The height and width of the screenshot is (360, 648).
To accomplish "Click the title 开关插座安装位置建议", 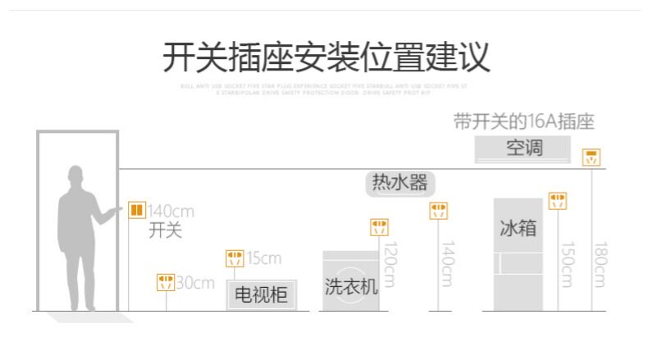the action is click(x=326, y=57).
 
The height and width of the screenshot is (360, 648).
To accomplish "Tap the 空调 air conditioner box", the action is click(x=523, y=149).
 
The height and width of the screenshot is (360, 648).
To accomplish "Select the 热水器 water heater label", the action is click(x=399, y=183).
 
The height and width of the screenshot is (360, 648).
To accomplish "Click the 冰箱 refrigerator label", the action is click(x=518, y=227).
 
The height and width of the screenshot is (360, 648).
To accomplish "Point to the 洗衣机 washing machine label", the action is click(x=351, y=286).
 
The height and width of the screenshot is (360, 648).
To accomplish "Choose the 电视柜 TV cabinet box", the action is click(x=261, y=294).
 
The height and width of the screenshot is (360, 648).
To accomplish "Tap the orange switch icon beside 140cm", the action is click(x=137, y=210).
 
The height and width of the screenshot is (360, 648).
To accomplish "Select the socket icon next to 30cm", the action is click(x=166, y=283).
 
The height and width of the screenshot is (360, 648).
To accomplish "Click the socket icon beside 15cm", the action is click(x=235, y=259).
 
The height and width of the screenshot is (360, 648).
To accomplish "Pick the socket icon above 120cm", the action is click(x=379, y=227).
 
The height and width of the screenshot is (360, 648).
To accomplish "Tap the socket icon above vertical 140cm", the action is click(x=439, y=212).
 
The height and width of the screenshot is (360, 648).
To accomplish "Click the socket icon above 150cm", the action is click(x=558, y=201).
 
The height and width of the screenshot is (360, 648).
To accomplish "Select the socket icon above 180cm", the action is click(x=591, y=157).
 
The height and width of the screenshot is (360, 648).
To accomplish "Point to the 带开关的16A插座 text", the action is click(x=523, y=122).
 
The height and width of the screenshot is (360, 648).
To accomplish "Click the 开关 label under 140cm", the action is click(x=165, y=230).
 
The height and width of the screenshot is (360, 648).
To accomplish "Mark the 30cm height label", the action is click(x=195, y=284).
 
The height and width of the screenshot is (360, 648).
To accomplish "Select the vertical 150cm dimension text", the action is click(x=566, y=264).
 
